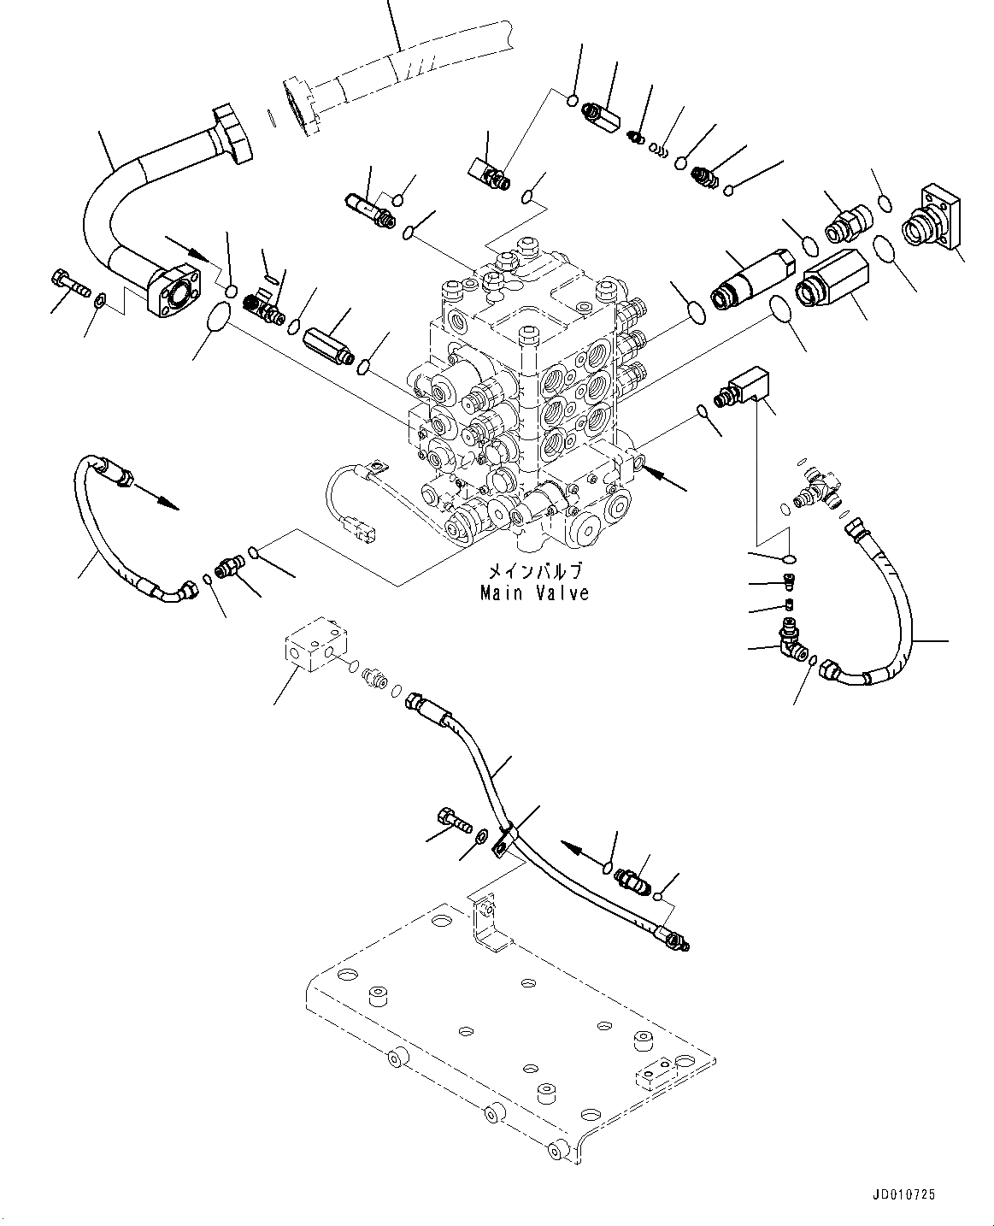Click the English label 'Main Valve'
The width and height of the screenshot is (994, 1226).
click(x=534, y=592)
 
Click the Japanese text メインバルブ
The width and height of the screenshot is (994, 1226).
click(x=534, y=571)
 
